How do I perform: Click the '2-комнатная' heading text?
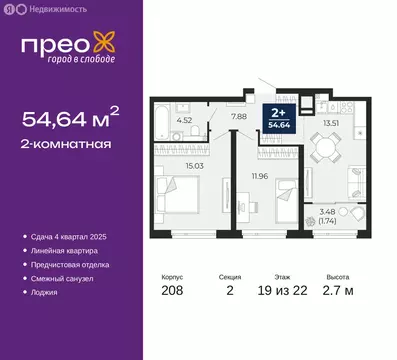(x=65, y=143)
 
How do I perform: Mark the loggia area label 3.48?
(x=356, y=212)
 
